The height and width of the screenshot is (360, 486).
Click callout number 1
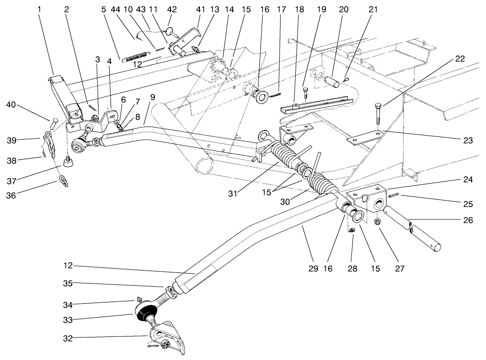coord(40,9)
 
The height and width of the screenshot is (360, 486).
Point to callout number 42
coord(171,9)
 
